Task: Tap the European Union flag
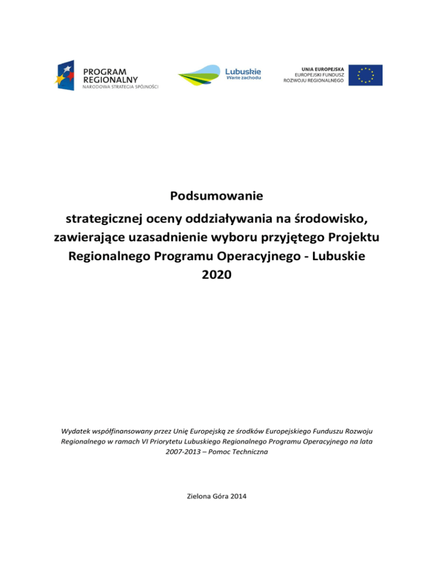pos(365,75)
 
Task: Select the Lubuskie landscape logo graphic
pos(199,75)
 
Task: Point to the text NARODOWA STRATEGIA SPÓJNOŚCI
pos(121,87)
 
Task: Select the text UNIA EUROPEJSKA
pos(318,67)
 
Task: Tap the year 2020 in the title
pos(217,277)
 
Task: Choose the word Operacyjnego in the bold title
pos(270,257)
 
